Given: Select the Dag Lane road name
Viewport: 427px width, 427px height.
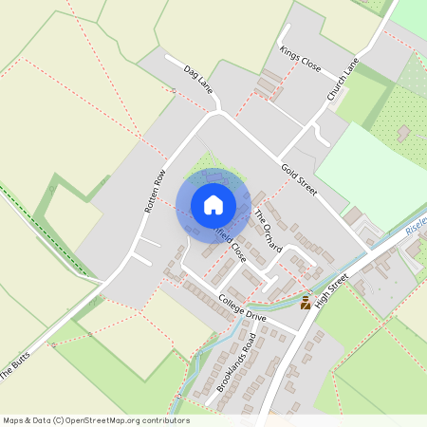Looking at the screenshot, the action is point(200,79).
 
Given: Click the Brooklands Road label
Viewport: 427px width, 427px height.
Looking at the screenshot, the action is point(236,362).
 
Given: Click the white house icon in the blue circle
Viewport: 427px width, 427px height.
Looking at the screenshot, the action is point(213,205).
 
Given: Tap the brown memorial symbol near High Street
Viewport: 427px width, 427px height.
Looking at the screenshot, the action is point(306,303).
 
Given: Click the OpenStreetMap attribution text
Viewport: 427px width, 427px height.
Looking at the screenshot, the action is point(95,419).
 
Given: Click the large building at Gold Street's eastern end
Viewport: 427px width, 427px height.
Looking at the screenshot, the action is point(353,217).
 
